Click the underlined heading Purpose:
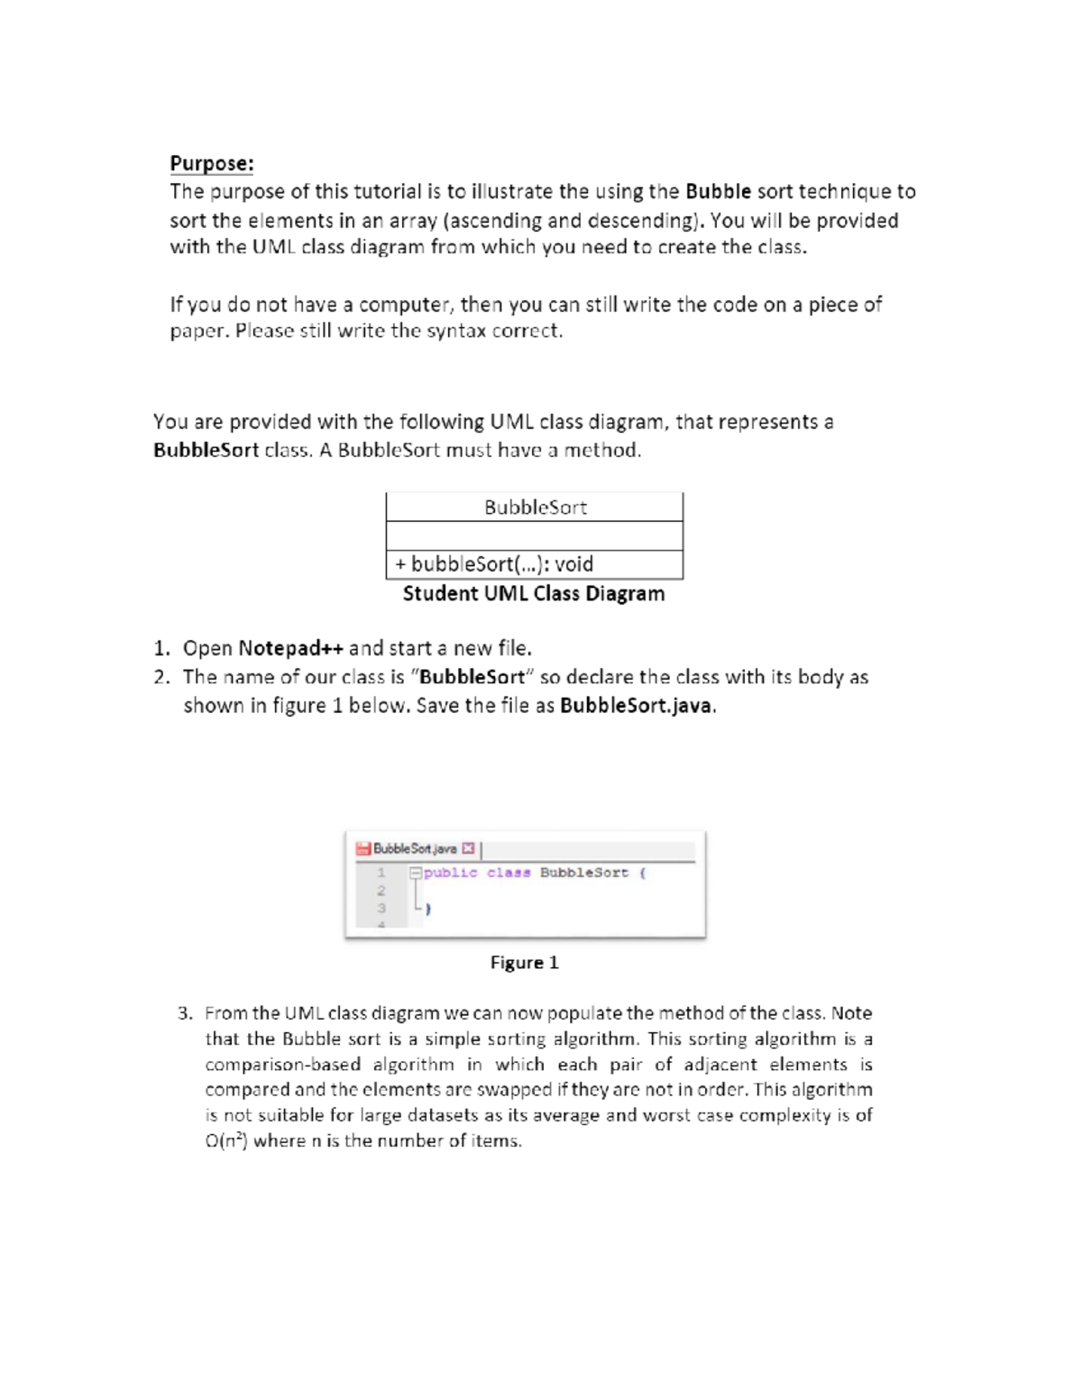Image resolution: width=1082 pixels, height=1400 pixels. pos(212,163)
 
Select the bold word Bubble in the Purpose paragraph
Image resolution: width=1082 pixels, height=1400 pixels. pos(718,191)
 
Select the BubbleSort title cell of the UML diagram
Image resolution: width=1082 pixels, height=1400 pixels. pos(535,508)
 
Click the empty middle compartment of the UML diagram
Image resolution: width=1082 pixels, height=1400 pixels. pos(535,536)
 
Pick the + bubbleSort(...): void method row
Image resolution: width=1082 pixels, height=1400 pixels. pos(494,564)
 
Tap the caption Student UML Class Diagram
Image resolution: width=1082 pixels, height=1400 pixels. pos(534,593)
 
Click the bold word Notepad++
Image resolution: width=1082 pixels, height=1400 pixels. pos(290,648)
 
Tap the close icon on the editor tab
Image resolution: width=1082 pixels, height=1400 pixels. pos(467,848)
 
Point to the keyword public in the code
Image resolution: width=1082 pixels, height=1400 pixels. pos(451,873)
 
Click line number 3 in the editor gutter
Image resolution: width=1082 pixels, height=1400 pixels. pos(381,908)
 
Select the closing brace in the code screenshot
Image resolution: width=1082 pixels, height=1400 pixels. pos(427,910)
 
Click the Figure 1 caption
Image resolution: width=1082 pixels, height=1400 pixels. pos(524,963)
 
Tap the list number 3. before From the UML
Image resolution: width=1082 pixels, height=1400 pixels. pos(185,1013)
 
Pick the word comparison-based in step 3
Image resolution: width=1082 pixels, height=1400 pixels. pos(282,1065)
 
